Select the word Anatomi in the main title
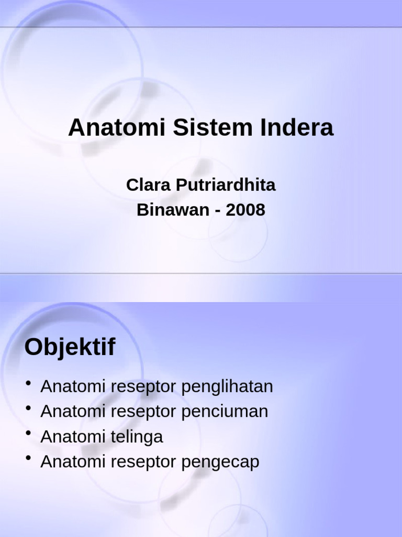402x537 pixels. point(117,128)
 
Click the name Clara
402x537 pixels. point(148,185)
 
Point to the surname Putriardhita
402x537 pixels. point(225,186)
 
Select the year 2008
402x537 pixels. point(245,210)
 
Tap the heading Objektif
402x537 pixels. point(70,347)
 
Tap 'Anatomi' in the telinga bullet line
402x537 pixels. point(73,437)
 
